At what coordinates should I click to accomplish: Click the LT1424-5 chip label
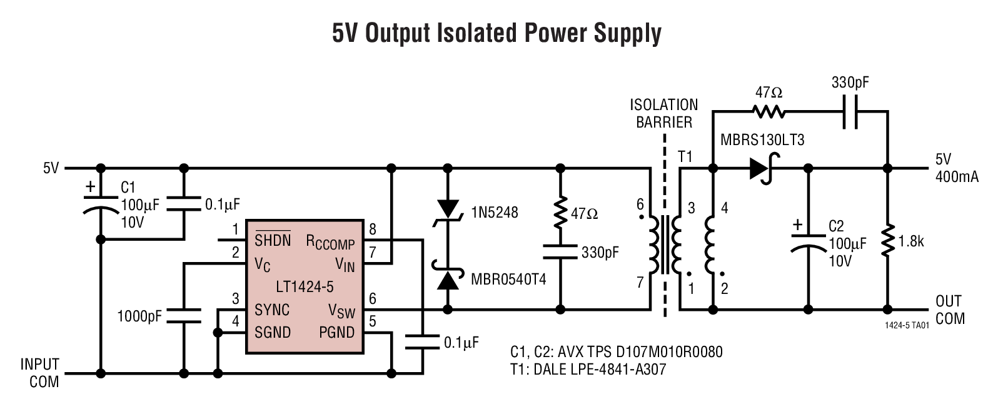point(305,287)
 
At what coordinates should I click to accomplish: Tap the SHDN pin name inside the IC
point(272,240)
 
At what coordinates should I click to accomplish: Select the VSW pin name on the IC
point(341,311)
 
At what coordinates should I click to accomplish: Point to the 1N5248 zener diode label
point(494,213)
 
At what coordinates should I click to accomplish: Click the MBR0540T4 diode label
point(508,280)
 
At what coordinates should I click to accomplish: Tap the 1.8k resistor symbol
point(887,241)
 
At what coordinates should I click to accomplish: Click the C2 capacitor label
point(836,226)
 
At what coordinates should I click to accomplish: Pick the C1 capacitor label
point(128,188)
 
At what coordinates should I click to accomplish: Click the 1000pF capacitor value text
point(139,316)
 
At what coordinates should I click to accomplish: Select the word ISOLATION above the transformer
point(663,105)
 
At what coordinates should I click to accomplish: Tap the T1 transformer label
point(685,156)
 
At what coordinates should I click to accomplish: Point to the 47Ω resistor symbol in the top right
point(768,112)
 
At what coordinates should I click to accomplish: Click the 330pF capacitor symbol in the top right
point(850,112)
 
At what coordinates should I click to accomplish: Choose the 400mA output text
point(956,177)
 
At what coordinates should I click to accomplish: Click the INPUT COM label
point(40,373)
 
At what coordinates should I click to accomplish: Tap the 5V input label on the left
point(51,168)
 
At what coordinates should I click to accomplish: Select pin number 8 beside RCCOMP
point(373,229)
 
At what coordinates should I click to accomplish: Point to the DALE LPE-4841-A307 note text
point(599,369)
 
